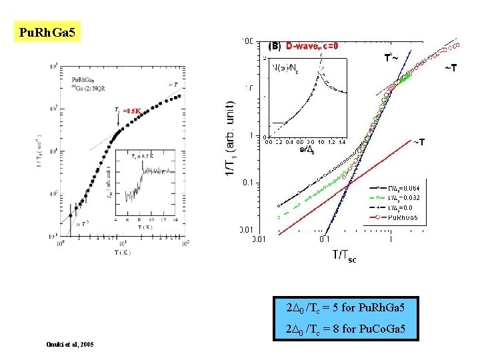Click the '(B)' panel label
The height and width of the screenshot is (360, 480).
click(x=274, y=47)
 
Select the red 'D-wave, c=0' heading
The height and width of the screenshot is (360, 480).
click(x=312, y=47)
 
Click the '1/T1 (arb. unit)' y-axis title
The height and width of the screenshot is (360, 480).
click(x=229, y=139)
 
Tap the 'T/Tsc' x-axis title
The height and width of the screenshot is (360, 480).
click(x=344, y=255)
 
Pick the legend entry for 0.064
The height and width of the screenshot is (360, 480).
click(x=399, y=189)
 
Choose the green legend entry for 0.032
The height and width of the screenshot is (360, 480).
click(x=399, y=198)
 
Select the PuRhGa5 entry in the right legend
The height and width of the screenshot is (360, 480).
click(x=399, y=217)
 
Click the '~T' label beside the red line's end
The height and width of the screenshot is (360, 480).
click(x=419, y=142)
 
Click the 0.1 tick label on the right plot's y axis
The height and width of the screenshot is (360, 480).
click(x=247, y=183)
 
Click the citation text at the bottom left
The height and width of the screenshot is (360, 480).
click(x=70, y=344)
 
